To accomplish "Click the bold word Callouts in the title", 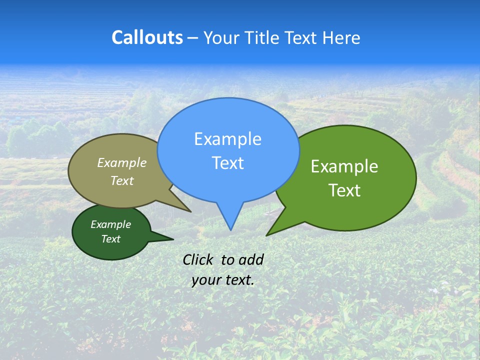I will (x=147, y=37).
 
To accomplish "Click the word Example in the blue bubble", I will (x=227, y=139).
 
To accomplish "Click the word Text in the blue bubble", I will (x=227, y=163).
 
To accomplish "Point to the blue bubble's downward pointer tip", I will (x=230, y=229).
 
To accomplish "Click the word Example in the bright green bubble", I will (x=344, y=166).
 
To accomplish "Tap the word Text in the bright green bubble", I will (x=344, y=190).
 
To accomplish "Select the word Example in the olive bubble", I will (x=122, y=162).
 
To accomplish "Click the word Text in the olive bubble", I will (x=122, y=180).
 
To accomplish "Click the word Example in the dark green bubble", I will (x=110, y=224).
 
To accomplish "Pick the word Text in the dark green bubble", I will (x=110, y=239).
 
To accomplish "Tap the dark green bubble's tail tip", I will (x=172, y=239).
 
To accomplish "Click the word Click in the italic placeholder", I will (x=198, y=259).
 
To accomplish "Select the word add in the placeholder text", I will (x=251, y=259).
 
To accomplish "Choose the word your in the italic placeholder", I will (x=206, y=280).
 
